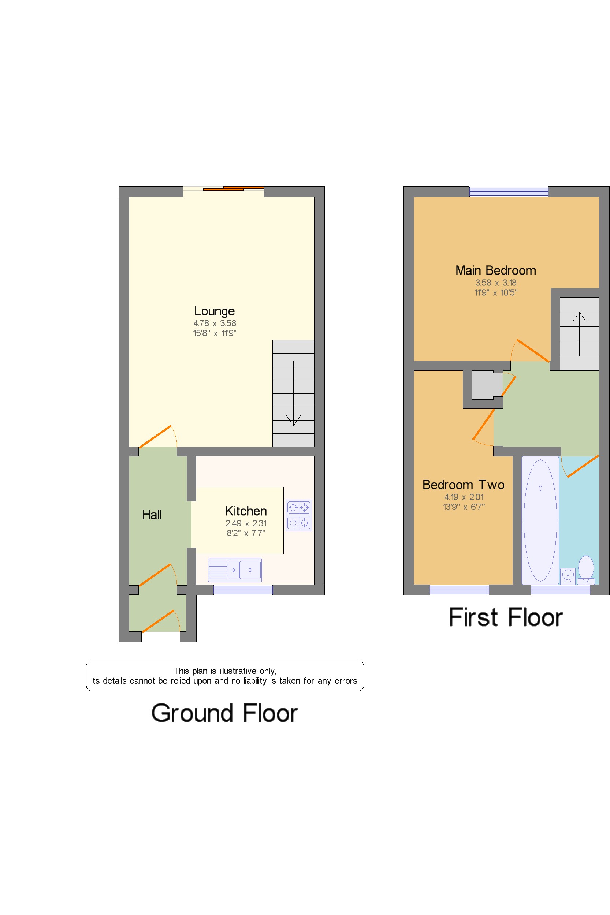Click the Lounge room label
[214, 311]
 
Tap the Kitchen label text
[246, 511]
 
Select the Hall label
[152, 515]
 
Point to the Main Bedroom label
[496, 270]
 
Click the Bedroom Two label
[463, 485]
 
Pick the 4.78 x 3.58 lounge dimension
[215, 323]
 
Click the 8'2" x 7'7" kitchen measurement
[246, 533]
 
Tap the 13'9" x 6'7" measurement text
[464, 507]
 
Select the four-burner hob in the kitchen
[299, 515]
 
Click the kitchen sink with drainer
[235, 570]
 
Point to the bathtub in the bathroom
[540, 520]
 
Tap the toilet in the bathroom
[586, 570]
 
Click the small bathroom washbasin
[568, 576]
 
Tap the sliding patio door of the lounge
[224, 188]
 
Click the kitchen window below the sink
[243, 590]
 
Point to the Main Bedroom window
[509, 191]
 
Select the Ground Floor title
[224, 713]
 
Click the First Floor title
[506, 617]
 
